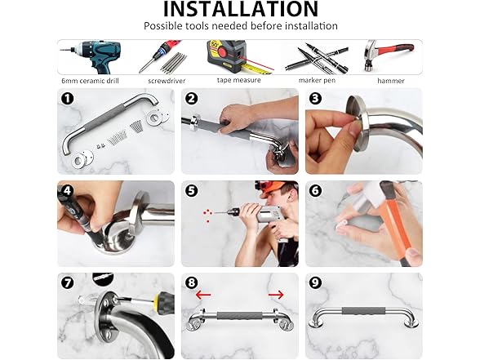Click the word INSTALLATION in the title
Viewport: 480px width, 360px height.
pyautogui.click(x=241, y=8)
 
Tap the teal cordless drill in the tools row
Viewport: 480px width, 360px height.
pyautogui.click(x=92, y=57)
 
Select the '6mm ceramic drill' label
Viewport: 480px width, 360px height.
pyautogui.click(x=90, y=81)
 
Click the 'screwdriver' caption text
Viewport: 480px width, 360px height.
pyautogui.click(x=167, y=81)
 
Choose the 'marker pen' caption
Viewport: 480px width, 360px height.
pyautogui.click(x=317, y=80)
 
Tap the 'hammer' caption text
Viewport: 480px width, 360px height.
pyautogui.click(x=391, y=81)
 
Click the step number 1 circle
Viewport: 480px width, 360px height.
pyautogui.click(x=67, y=99)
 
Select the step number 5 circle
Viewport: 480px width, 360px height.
pyautogui.click(x=191, y=191)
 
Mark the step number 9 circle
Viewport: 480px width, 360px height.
pyautogui.click(x=315, y=282)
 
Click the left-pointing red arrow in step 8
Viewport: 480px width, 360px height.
pyautogui.click(x=203, y=296)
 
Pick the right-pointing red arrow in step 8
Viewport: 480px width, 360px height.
pyautogui.click(x=276, y=296)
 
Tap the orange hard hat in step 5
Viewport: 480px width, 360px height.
pyautogui.click(x=276, y=187)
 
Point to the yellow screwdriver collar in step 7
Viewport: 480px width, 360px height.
pyautogui.click(x=158, y=298)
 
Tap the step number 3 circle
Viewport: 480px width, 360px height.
pyautogui.click(x=315, y=99)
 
